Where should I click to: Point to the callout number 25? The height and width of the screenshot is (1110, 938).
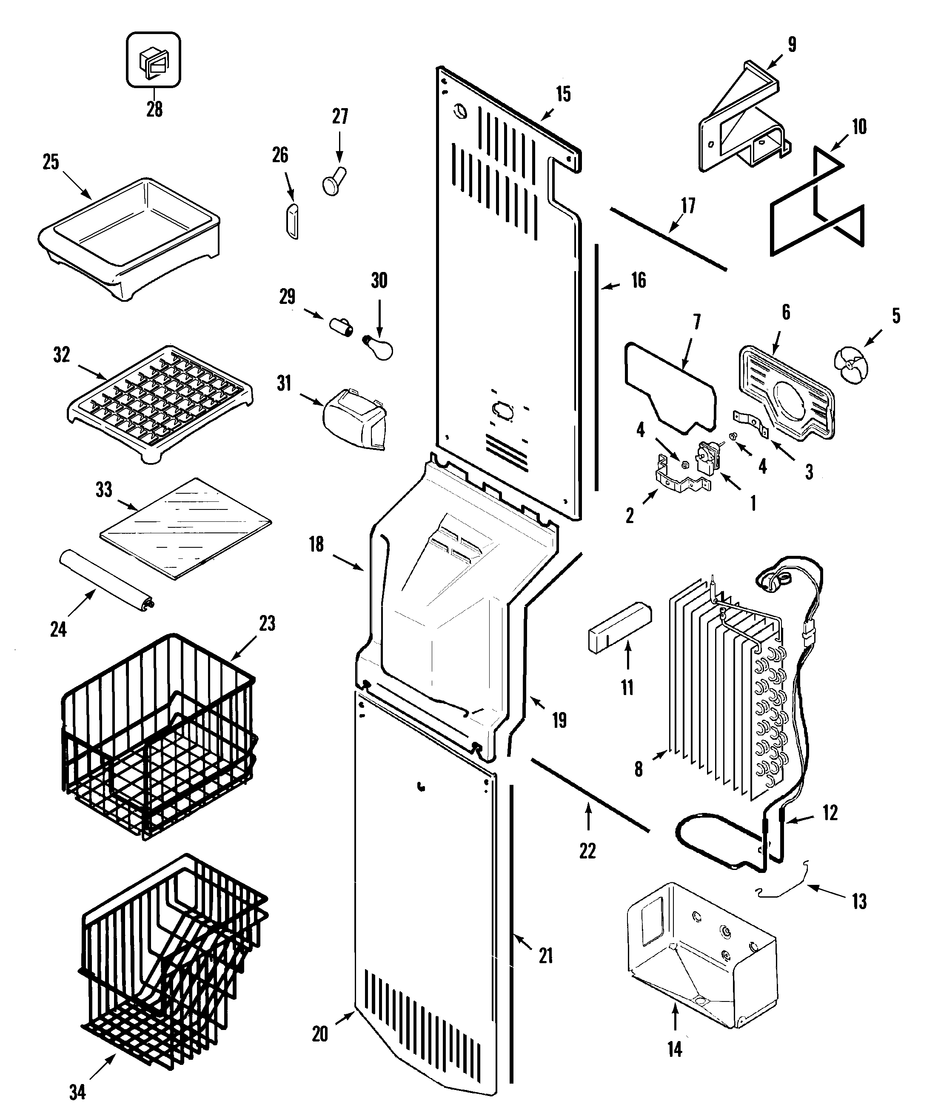tap(51, 162)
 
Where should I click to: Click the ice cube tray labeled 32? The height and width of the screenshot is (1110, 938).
tap(160, 403)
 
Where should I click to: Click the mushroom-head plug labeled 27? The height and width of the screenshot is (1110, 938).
tap(334, 181)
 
